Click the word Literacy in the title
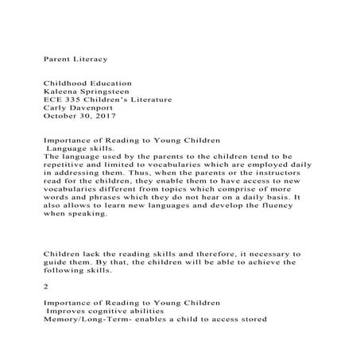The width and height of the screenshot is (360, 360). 89,59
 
